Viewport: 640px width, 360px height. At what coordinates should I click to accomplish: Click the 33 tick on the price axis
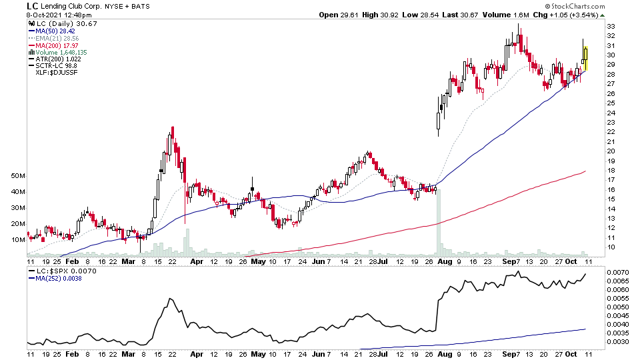tap(611, 27)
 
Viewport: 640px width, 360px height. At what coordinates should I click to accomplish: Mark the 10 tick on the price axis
tap(611, 247)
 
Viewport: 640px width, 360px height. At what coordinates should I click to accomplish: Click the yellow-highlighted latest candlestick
tap(585, 57)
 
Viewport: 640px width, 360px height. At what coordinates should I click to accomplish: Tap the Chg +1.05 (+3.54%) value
tap(566, 14)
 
